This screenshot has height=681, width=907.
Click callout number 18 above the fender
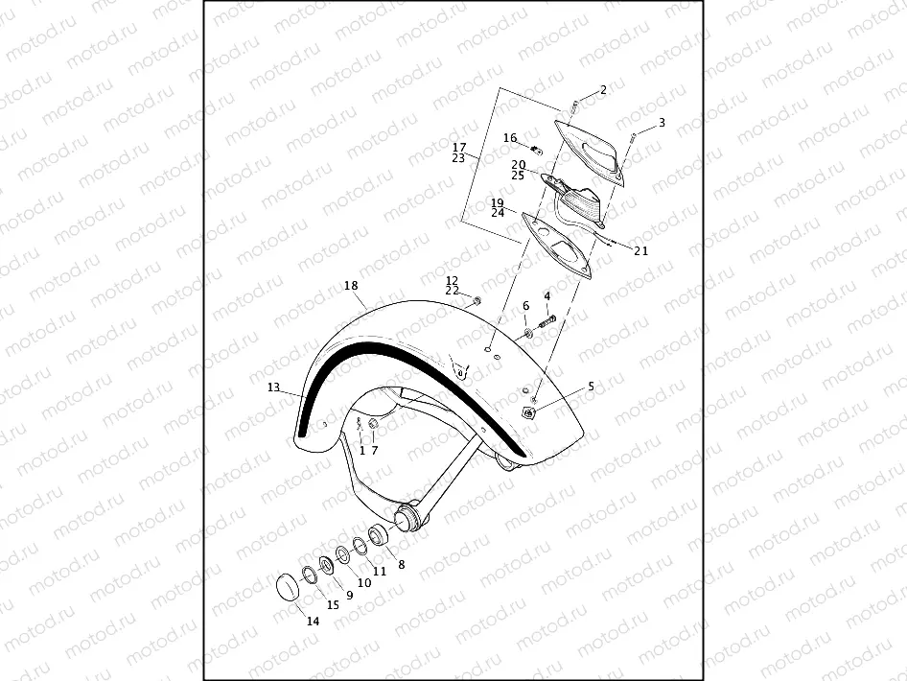click(350, 286)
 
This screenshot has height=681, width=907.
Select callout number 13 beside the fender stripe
click(273, 387)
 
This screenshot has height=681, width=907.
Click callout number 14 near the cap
click(313, 621)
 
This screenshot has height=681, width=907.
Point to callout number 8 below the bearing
click(401, 565)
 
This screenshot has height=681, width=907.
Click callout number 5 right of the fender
click(591, 387)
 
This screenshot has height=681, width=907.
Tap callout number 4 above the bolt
click(547, 296)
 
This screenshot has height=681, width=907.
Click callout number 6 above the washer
click(525, 306)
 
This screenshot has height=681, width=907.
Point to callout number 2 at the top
click(603, 90)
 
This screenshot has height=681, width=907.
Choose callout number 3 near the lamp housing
click(662, 124)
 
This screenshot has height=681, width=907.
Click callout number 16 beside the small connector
click(510, 138)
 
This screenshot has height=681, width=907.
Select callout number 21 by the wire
click(641, 251)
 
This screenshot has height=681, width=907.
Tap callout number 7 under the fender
click(375, 450)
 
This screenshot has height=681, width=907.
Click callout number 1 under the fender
click(362, 450)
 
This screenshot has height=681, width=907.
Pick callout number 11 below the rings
click(380, 571)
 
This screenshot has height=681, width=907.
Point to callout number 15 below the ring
click(333, 605)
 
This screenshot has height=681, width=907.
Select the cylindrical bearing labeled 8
click(378, 532)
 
